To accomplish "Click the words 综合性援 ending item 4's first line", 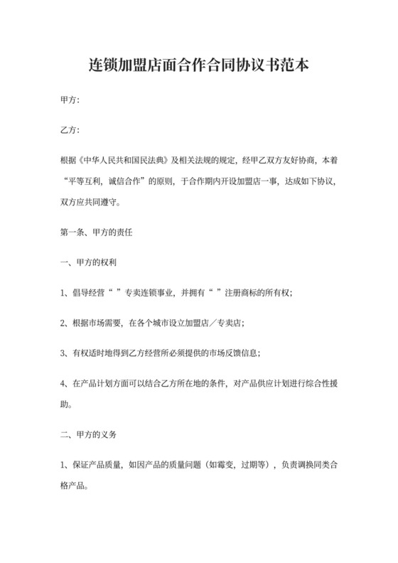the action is pos(320,383).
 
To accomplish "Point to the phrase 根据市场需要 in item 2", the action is pos(97,323).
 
